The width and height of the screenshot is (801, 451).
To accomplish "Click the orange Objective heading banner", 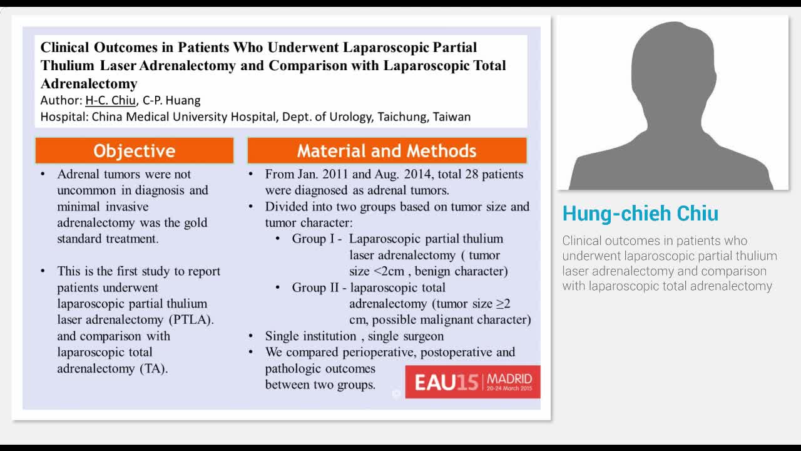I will pos(134,151).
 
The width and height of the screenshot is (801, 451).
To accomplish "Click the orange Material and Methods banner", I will pos(387,151).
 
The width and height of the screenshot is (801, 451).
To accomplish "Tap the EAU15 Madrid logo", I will pos(472,381).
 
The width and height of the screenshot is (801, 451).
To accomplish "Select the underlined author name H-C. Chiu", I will pos(110,100).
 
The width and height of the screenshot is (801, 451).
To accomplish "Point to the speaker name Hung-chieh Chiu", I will pos(640,214).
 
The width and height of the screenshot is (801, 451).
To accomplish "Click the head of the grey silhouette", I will pos(673,63).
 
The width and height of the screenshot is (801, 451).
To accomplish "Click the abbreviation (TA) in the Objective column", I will pos(153,368).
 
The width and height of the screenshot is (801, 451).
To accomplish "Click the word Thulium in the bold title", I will pos(68,66).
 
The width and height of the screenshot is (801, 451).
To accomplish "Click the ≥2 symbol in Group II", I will pos(503,304).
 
